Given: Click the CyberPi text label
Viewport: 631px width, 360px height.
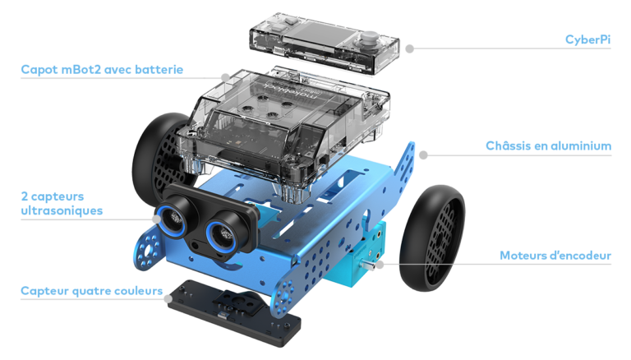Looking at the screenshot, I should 587,39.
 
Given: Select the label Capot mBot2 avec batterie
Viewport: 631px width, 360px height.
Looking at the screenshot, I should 102,69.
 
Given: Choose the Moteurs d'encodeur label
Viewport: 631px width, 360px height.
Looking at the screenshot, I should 555,256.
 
